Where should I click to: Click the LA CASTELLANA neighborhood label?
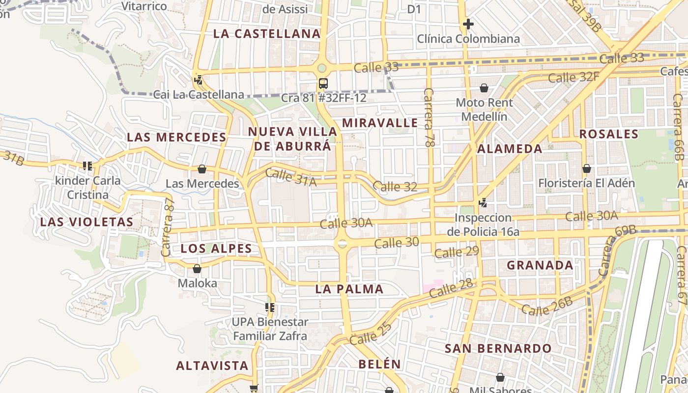pos(267,34)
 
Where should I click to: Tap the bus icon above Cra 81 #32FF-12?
pos(323,84)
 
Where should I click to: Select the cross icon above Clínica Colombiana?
pos(468,24)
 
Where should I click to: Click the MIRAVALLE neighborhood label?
pos(380,123)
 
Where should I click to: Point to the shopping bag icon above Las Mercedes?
pos(202,169)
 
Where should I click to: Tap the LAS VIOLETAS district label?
pos(87,222)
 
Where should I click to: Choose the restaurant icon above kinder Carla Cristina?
pos(88,166)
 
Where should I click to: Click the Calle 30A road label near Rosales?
pos(591,216)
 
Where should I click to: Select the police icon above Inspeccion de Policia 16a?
pos(483,202)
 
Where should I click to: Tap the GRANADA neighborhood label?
pos(540,265)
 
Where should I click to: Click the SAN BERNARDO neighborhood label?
pos(498,349)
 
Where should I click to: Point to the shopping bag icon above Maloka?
pos(197,269)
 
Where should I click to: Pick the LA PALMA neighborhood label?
pos(349,289)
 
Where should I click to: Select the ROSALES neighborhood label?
pos(609,134)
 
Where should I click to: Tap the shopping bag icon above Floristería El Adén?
pos(586,168)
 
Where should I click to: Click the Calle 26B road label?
pos(547,307)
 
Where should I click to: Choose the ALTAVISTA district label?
pos(212,366)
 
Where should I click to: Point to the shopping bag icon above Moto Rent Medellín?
pos(484,88)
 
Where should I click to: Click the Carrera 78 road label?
pos(429,118)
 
